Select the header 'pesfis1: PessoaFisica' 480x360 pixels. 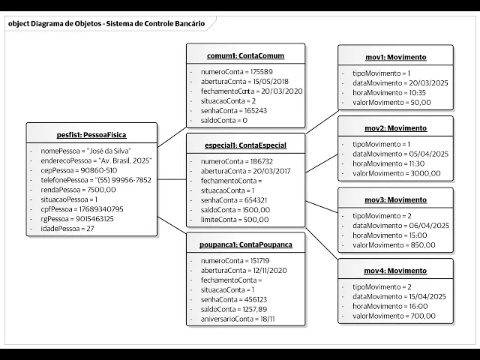pos(91,135)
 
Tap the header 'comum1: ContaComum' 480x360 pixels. pos(245,55)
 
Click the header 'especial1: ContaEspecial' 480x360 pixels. pos(245,145)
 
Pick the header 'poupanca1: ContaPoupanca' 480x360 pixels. pos(245,245)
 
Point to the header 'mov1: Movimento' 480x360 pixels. pos(394,57)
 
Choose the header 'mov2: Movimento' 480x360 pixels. pos(394,128)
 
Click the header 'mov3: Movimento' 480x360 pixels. pos(394,199)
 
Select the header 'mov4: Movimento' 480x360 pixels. pos(394,271)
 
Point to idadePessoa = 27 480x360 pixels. pos(68,229)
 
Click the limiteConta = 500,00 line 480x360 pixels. pos(235,220)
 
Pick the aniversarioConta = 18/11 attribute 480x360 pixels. pos(238,319)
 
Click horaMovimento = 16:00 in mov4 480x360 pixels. pos(390,306)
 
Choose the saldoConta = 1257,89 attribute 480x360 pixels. pos(234,309)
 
